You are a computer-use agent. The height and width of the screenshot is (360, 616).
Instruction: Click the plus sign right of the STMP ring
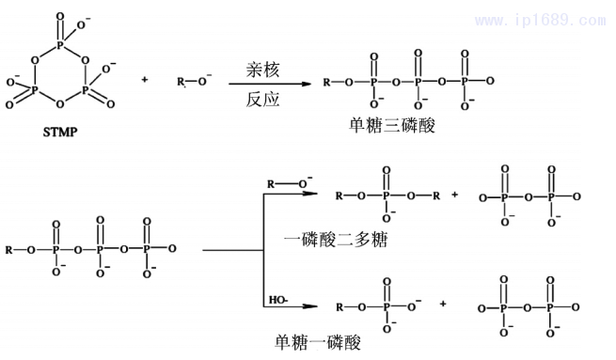click(x=145, y=80)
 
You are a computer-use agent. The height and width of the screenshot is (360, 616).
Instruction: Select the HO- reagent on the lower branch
click(x=277, y=300)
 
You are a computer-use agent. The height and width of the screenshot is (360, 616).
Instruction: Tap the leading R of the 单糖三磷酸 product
click(x=326, y=83)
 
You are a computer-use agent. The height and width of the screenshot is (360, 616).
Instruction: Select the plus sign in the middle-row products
click(x=455, y=196)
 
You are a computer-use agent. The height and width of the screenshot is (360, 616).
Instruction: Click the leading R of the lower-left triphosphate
click(x=8, y=250)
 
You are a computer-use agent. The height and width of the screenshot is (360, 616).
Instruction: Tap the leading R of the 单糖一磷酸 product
click(x=340, y=305)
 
